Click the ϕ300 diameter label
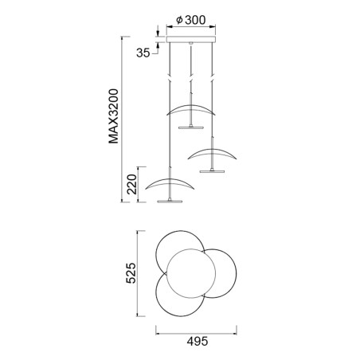coord(190,20)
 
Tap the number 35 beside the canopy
coord(143,53)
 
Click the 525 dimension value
coord(133,274)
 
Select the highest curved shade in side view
coord(191,109)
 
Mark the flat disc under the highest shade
coord(191,126)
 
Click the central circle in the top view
coord(191,272)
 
